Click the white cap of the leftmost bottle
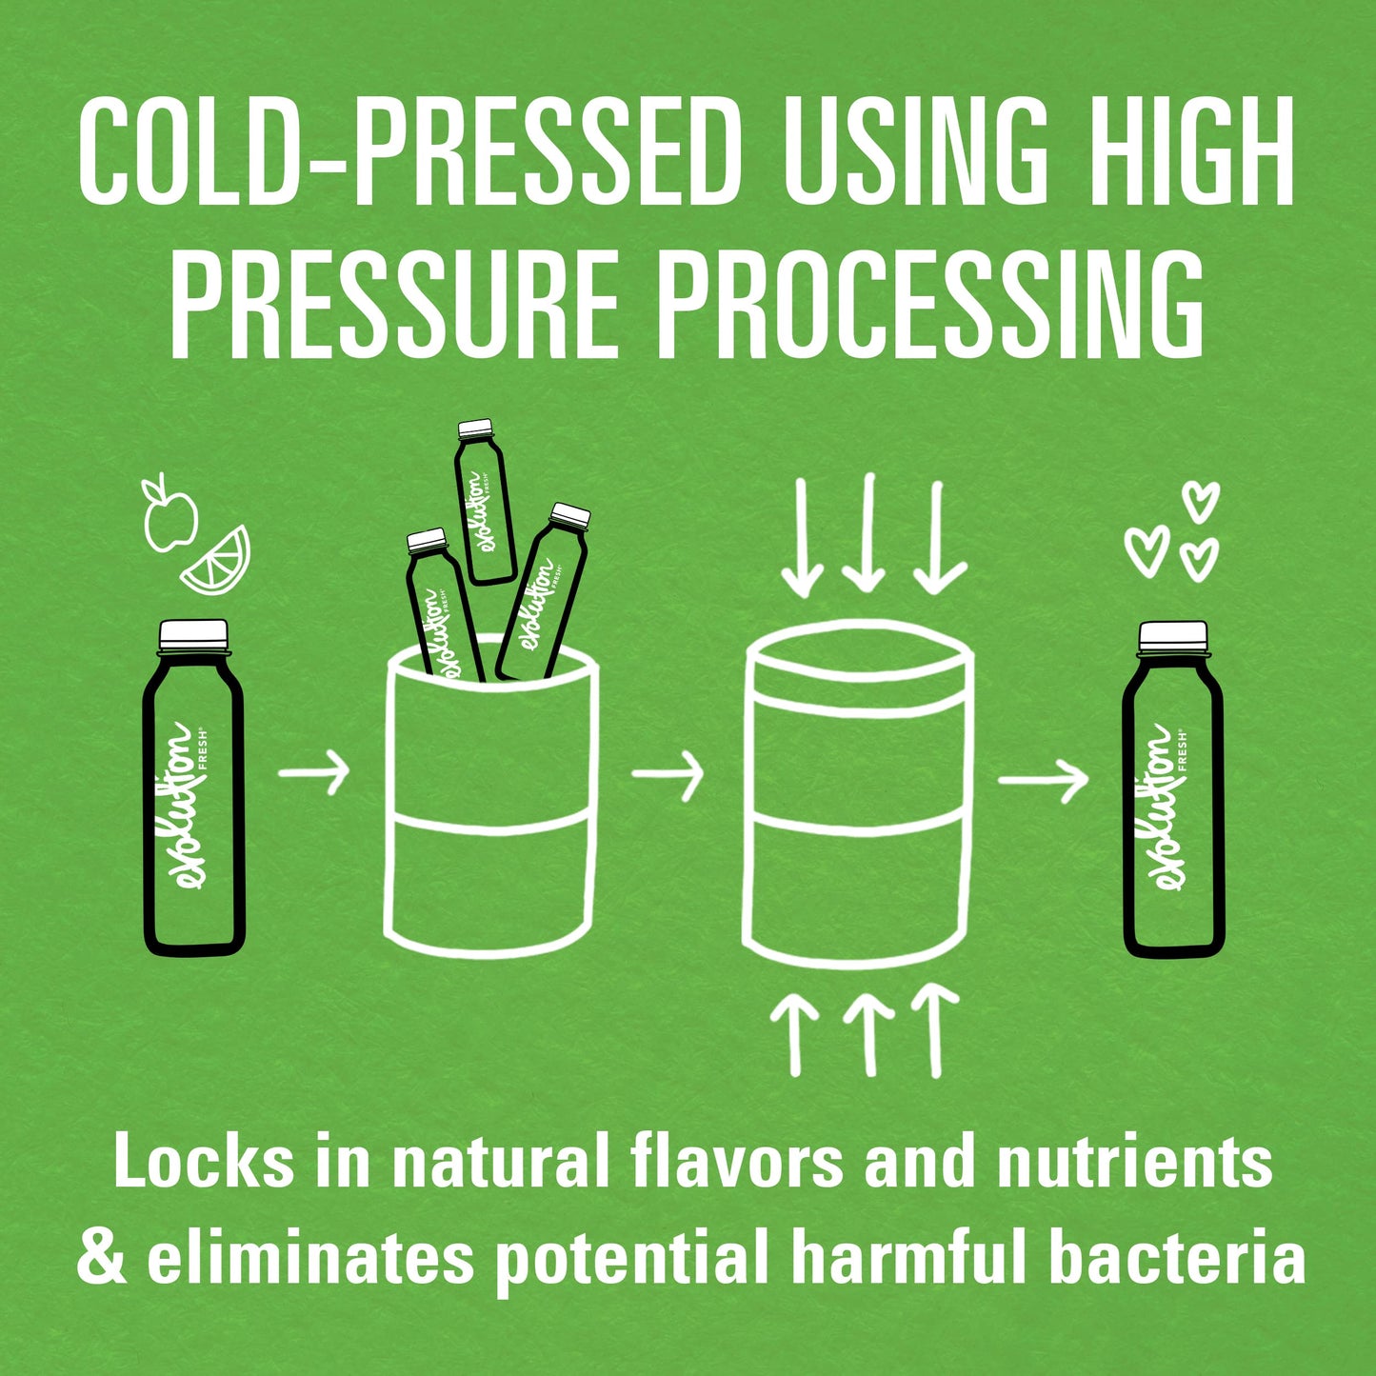193,634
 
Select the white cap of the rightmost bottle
1173,635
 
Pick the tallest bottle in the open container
484,501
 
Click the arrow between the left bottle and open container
313,772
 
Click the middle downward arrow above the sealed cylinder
867,532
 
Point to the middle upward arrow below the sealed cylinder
869,1035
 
